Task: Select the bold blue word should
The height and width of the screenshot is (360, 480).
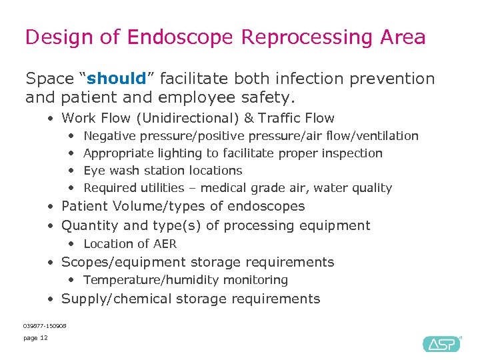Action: pyautogui.click(x=117, y=79)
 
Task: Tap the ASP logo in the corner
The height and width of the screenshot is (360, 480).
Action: pyautogui.click(x=441, y=343)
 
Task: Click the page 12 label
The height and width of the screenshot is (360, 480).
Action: pyautogui.click(x=35, y=338)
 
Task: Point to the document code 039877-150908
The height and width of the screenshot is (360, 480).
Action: pyautogui.click(x=45, y=325)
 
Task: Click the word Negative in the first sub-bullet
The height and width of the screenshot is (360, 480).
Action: pyautogui.click(x=108, y=136)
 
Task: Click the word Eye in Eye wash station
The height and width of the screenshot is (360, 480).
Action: pyautogui.click(x=93, y=171)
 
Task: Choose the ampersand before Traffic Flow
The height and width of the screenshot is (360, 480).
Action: pyautogui.click(x=249, y=119)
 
